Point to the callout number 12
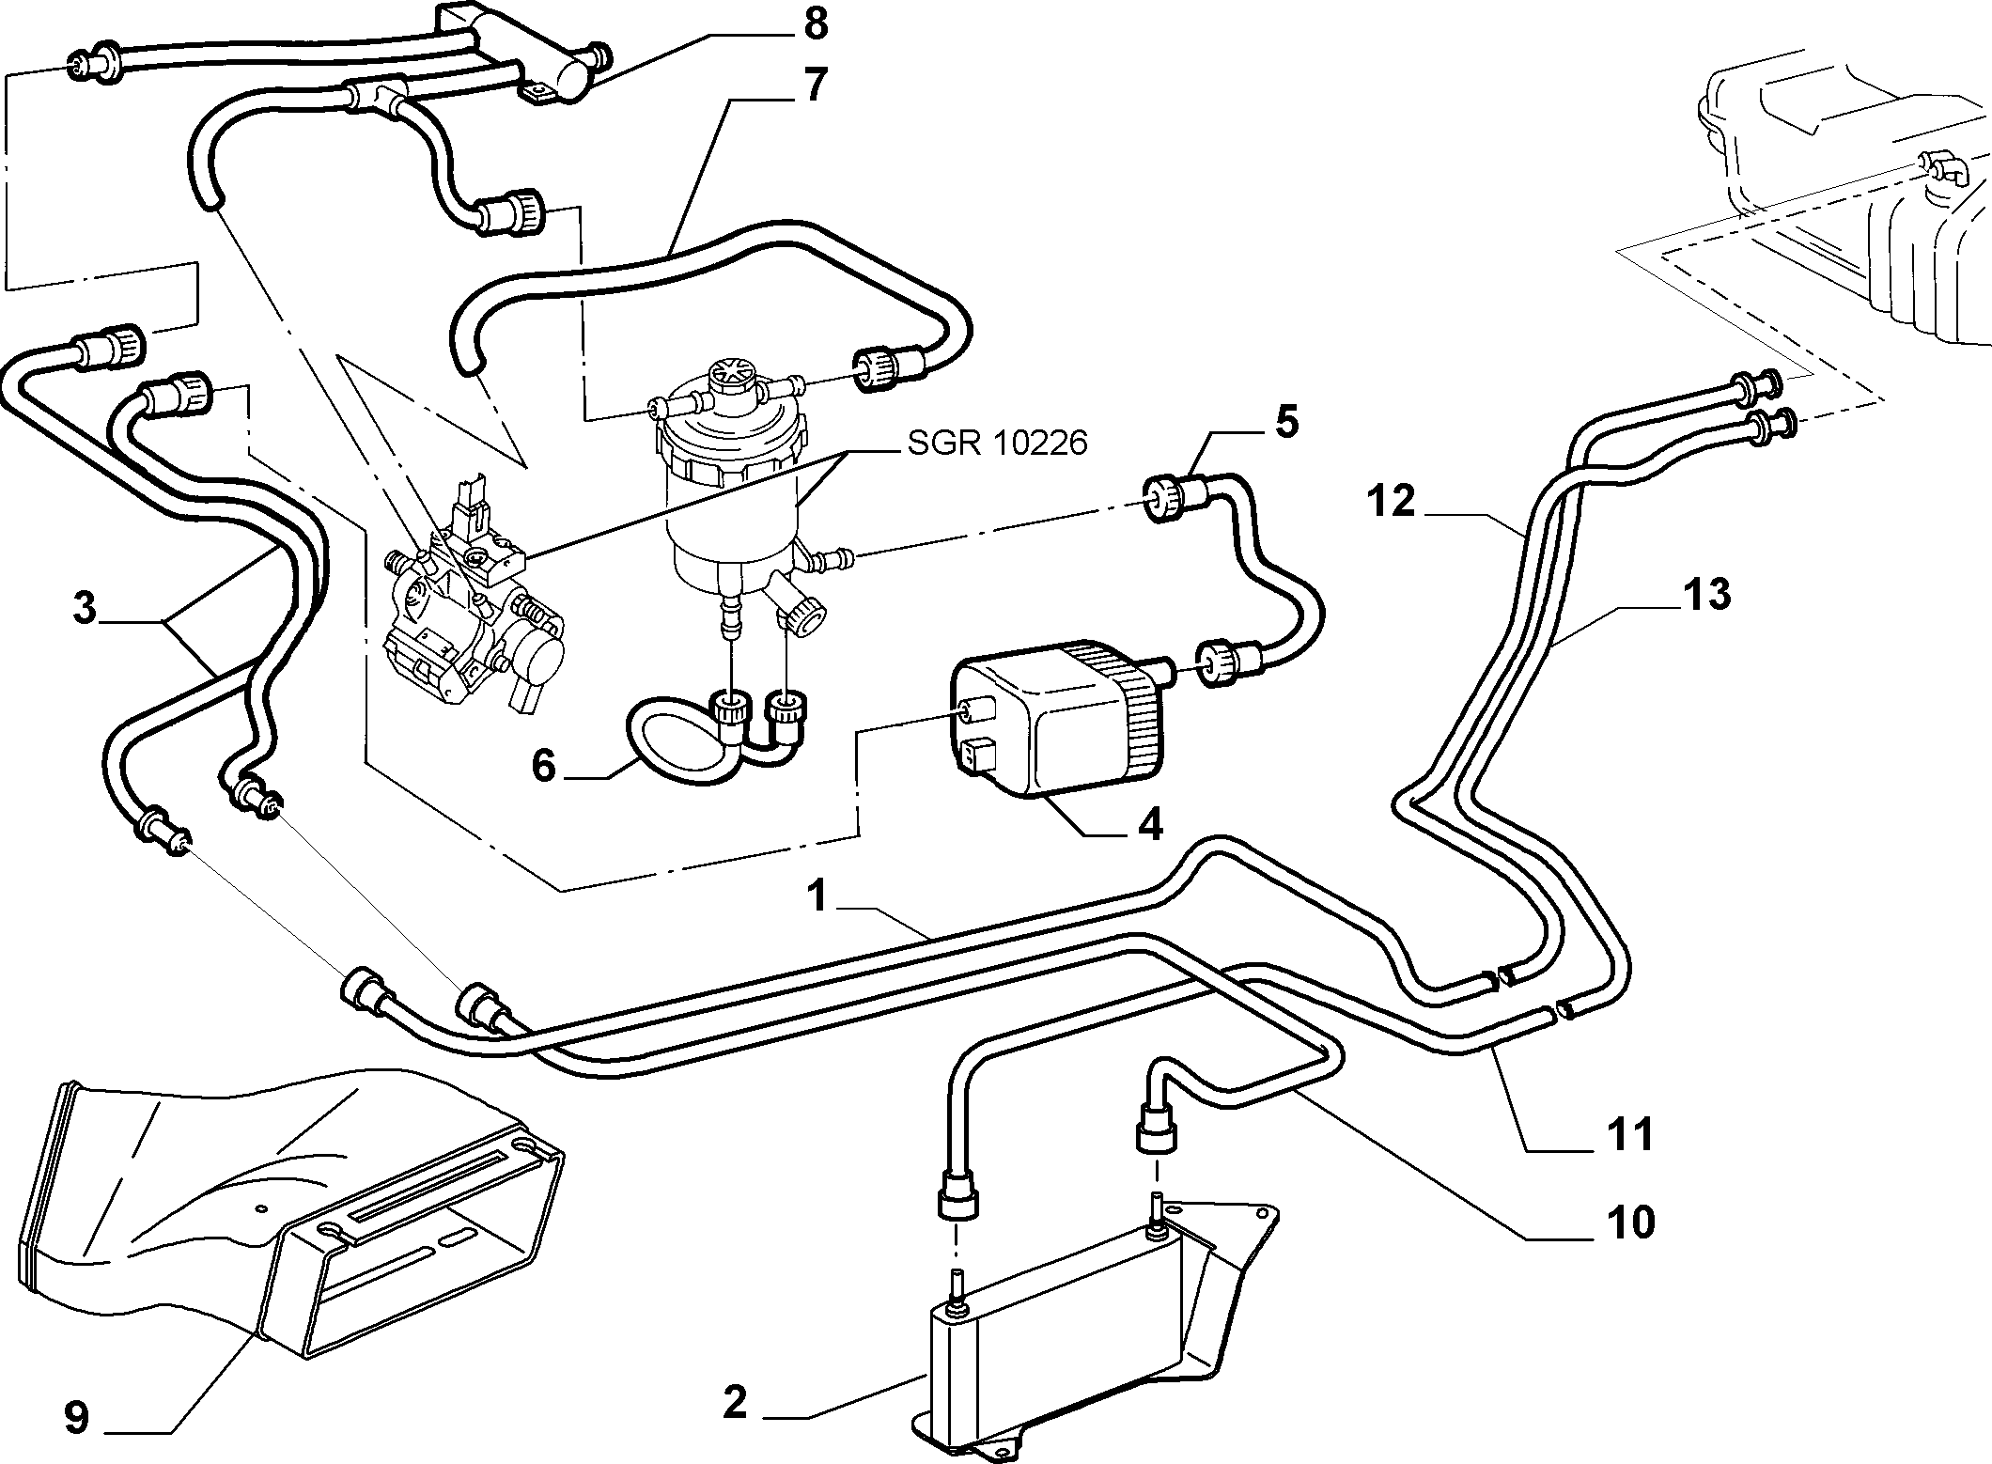pos(1392,501)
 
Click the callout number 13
pos(1706,594)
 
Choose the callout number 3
pos(85,609)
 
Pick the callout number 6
pos(545,766)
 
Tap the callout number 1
pos(818,896)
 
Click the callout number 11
pos(1628,1134)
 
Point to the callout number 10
pos(1629,1223)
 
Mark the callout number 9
pos(76,1419)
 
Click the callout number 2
pos(735,1404)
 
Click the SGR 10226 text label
pos(997,442)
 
